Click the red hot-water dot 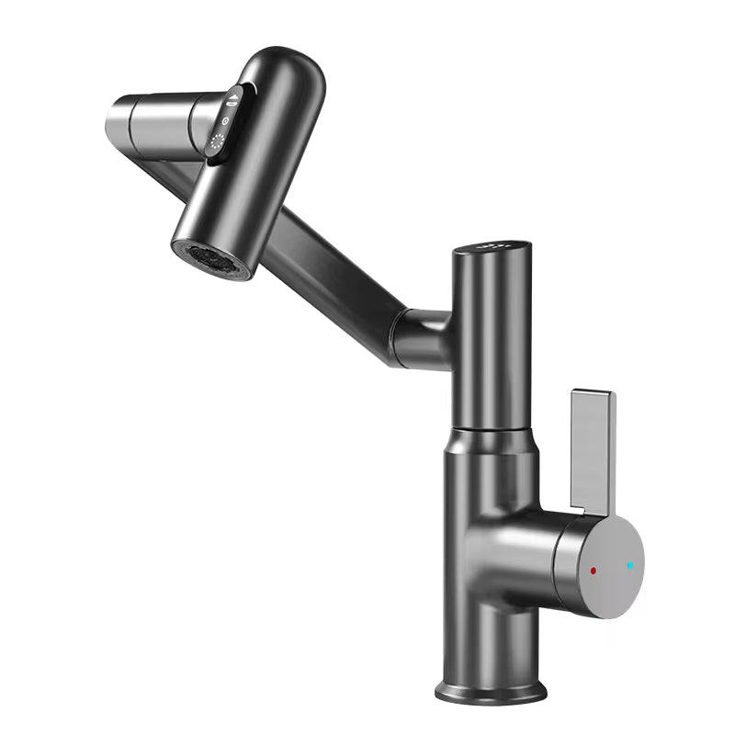click(594, 571)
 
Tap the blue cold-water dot click(630, 565)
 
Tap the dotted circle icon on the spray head click(218, 142)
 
